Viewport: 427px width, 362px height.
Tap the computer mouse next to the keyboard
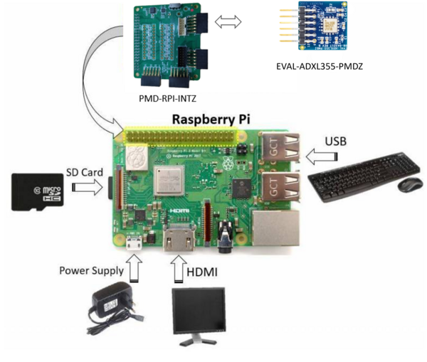coord(410,184)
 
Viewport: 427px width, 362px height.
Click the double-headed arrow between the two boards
coord(231,23)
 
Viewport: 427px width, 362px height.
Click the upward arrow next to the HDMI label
coord(176,271)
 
